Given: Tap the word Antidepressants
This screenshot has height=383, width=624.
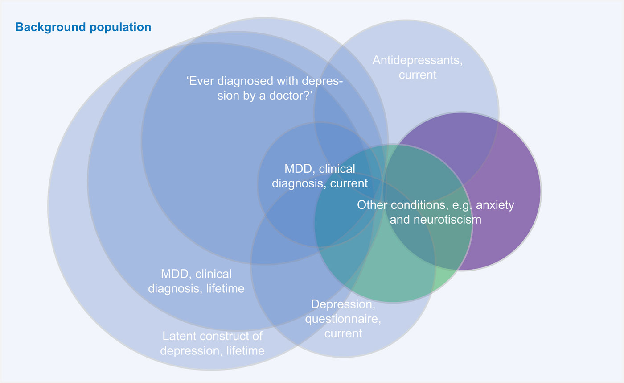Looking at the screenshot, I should [418, 60].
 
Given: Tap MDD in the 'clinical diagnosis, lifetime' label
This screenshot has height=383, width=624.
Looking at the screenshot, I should [173, 274].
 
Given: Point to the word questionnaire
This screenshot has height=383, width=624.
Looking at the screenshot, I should [343, 319].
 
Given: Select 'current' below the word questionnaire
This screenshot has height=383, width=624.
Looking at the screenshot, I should [343, 333].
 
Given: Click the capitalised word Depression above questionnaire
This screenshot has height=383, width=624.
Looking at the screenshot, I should [343, 304].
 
